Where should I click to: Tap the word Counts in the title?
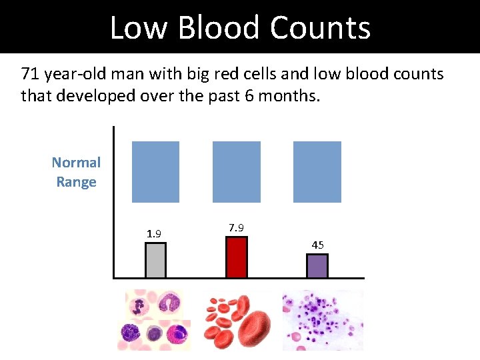[320, 28]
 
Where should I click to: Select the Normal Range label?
[76, 172]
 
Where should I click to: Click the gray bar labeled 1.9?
[155, 260]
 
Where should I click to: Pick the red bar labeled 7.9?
[236, 257]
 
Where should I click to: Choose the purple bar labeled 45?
[317, 266]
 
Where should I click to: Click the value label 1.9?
[154, 233]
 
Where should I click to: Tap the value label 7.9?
[236, 228]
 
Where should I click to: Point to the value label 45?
[317, 245]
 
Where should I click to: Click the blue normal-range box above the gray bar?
[155, 171]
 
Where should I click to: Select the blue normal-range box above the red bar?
[236, 171]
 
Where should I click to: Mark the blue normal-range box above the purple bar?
[317, 171]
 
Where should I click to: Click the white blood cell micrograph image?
[154, 320]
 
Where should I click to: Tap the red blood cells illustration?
[236, 320]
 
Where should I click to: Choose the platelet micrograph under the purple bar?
[323, 320]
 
